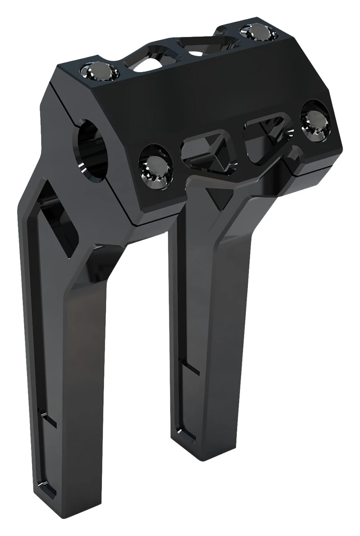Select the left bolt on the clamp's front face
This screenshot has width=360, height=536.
156,166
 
